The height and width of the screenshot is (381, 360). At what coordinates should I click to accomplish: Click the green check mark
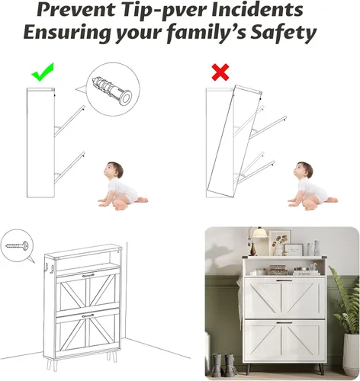tap(42, 73)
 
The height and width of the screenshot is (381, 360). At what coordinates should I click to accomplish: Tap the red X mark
tap(220, 72)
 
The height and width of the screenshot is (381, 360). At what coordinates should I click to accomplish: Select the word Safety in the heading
tap(284, 33)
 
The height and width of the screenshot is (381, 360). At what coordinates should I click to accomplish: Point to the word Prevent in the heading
tap(76, 10)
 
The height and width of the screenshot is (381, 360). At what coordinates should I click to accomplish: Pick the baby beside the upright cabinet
tap(122, 186)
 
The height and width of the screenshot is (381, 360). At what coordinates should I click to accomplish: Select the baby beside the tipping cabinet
tap(312, 186)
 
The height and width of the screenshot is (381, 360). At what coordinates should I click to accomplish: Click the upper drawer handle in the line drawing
tap(88, 276)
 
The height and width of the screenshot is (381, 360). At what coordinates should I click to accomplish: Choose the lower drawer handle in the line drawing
tap(88, 316)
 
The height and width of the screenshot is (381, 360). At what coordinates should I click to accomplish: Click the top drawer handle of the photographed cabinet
tap(284, 280)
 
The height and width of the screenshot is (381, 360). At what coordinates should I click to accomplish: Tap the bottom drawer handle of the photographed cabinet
tap(284, 323)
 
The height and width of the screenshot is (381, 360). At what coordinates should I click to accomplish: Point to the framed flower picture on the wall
tap(279, 242)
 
